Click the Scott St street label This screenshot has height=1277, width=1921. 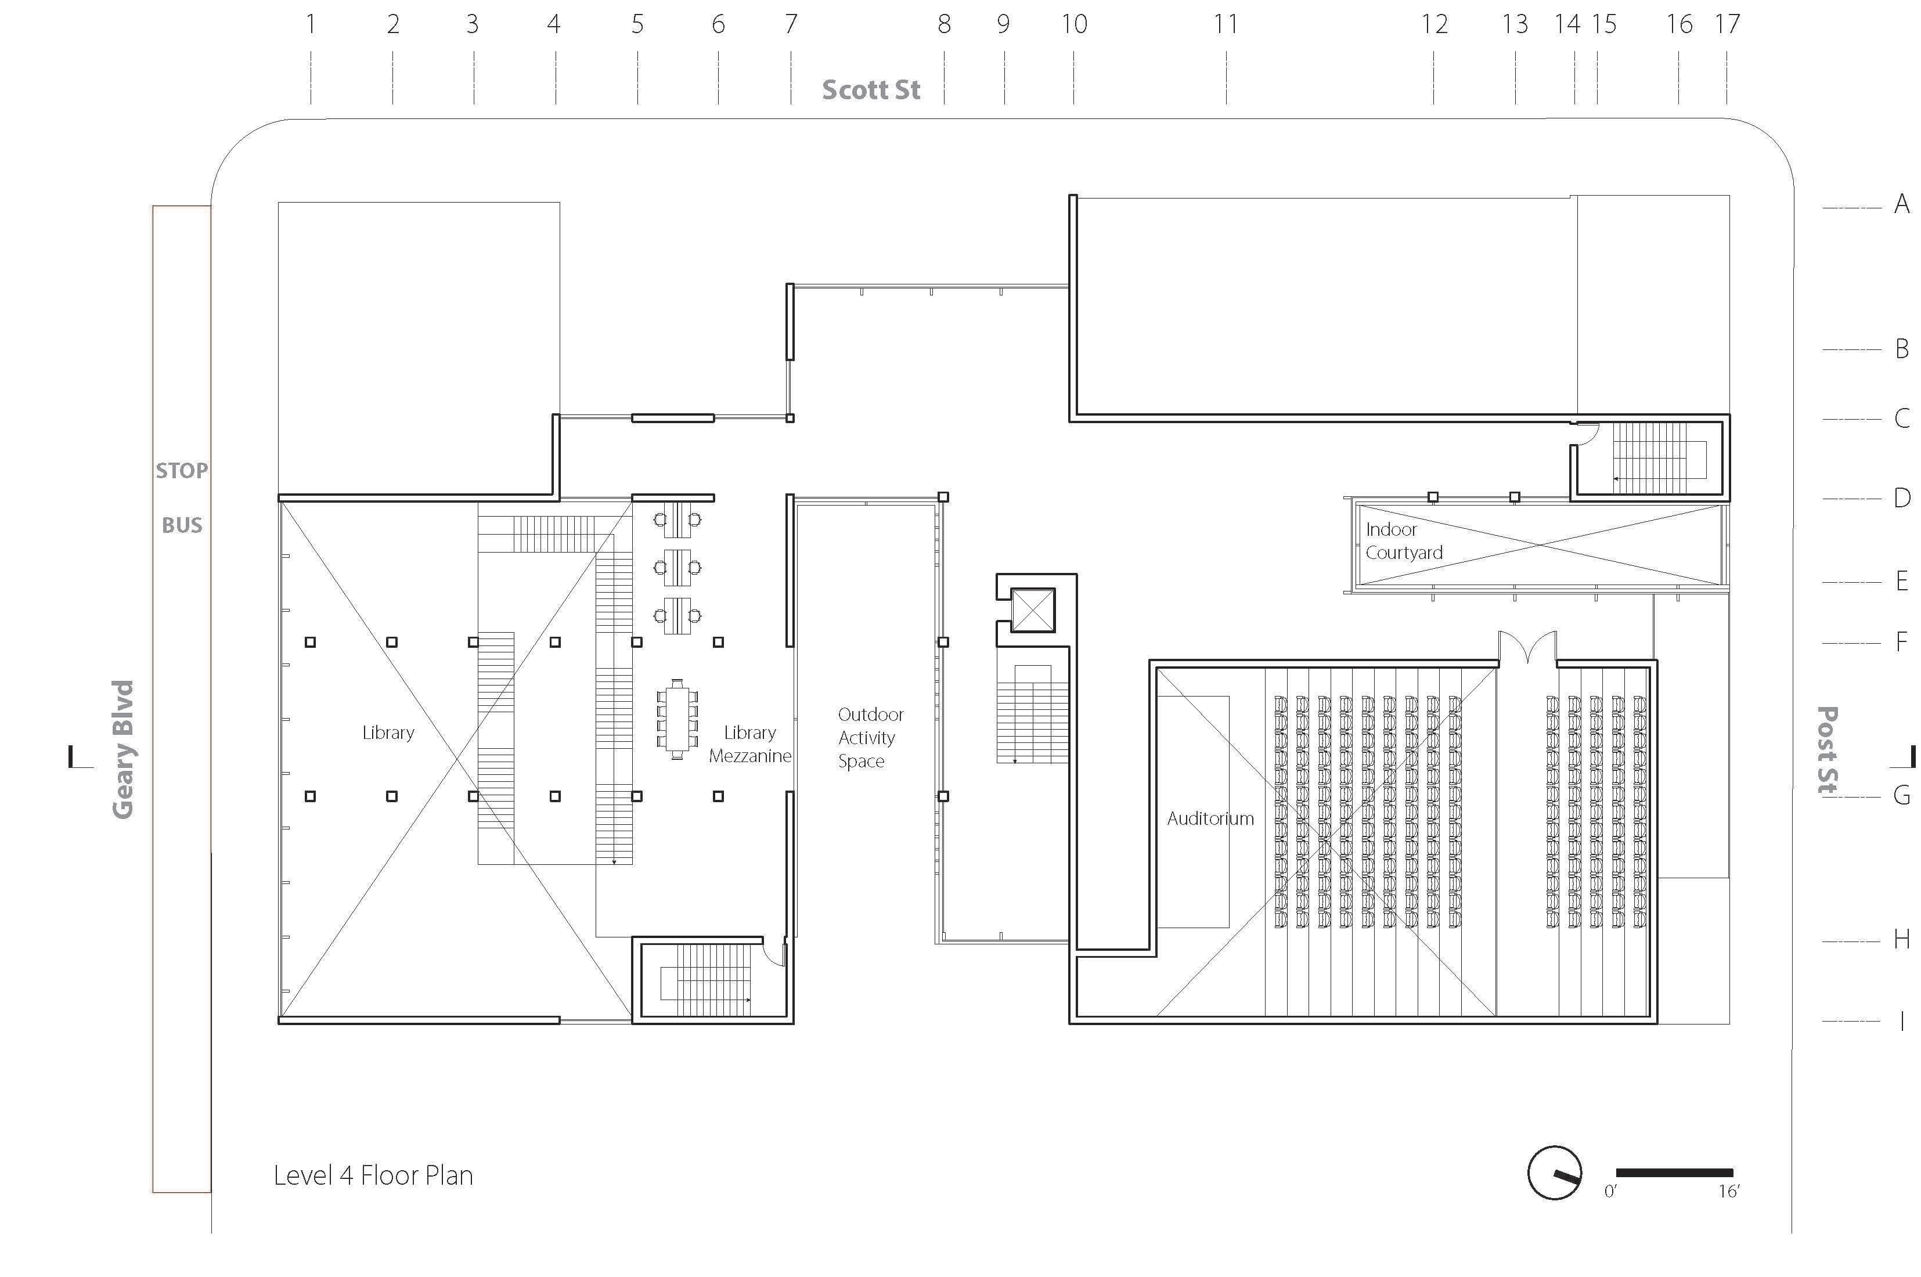871,89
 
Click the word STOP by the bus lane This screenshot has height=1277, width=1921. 182,471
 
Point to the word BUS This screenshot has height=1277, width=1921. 182,525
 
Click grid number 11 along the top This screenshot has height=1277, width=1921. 1226,24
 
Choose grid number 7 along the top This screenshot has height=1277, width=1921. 791,24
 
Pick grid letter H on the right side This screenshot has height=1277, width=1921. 1901,940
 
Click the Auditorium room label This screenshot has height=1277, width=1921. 1210,818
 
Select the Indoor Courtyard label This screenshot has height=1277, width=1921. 1403,541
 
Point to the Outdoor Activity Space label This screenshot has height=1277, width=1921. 869,738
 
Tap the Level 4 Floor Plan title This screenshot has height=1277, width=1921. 373,1175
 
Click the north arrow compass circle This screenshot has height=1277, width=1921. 1554,1173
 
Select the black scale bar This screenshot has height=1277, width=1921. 1674,1173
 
